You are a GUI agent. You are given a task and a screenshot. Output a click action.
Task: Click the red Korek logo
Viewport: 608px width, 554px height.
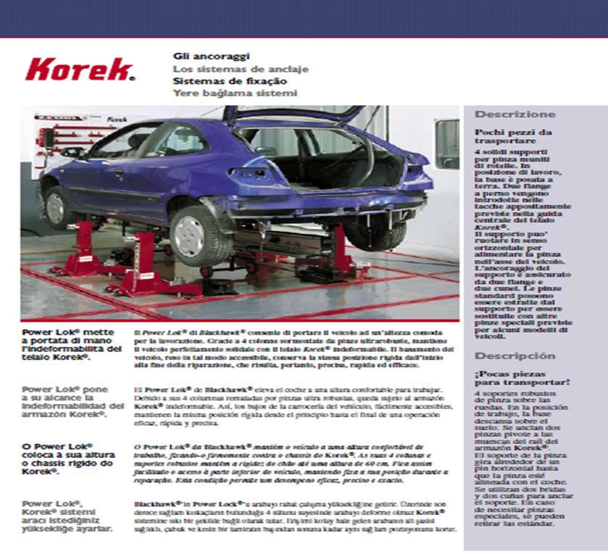click(x=80, y=70)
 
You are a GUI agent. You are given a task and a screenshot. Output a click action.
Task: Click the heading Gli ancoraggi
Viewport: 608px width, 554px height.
click(x=212, y=56)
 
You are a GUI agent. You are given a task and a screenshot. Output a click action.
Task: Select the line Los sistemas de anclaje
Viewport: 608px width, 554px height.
click(x=241, y=69)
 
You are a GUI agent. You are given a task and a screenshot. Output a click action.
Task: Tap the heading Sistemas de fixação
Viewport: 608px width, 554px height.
click(x=220, y=81)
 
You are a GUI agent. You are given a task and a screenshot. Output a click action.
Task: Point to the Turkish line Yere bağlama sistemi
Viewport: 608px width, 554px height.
click(x=235, y=93)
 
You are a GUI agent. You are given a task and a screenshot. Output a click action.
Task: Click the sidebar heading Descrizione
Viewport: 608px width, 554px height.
click(x=515, y=114)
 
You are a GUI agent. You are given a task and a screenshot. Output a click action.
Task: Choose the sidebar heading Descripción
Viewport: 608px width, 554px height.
click(x=515, y=356)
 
